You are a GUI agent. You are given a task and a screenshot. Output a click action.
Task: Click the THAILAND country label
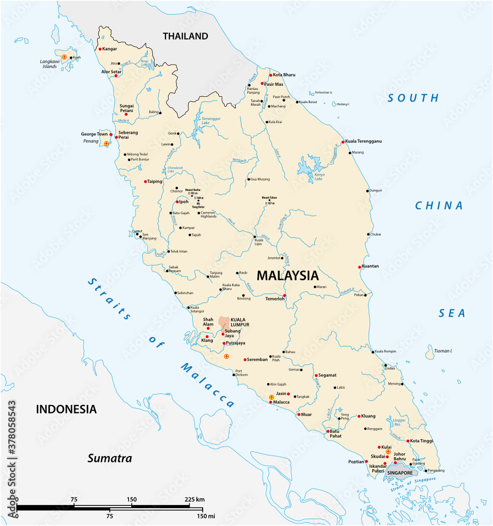click(x=185, y=36)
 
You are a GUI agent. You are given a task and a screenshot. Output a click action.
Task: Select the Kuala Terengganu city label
click(x=363, y=141)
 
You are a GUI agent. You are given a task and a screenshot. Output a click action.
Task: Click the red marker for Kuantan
click(x=360, y=267)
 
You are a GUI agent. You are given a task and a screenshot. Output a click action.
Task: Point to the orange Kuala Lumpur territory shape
click(x=224, y=322)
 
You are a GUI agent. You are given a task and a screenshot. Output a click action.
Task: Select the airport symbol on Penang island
click(x=106, y=144)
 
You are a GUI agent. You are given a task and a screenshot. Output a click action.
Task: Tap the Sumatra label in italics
click(x=109, y=458)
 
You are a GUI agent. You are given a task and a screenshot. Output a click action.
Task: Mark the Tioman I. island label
click(x=443, y=351)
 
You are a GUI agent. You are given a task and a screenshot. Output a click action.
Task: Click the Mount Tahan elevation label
click(x=269, y=200)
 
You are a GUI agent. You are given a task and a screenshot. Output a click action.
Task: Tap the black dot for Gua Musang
click(x=248, y=179)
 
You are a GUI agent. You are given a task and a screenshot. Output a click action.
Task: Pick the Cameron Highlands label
click(x=208, y=215)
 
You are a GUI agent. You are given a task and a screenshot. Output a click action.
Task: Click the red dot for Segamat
click(x=316, y=376)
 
